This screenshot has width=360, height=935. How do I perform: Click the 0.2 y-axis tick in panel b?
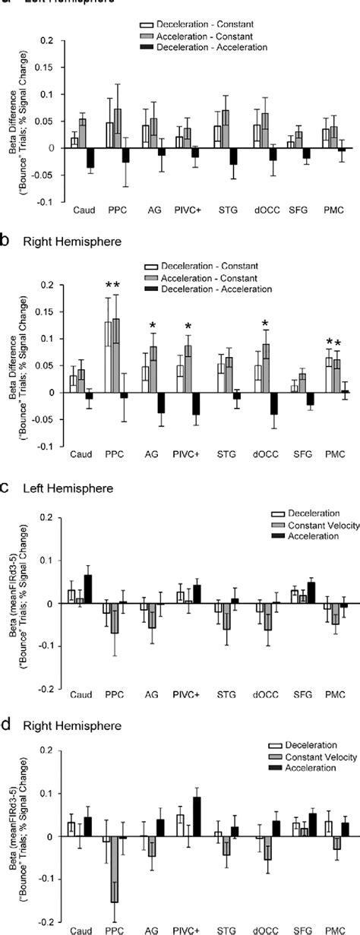49,286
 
